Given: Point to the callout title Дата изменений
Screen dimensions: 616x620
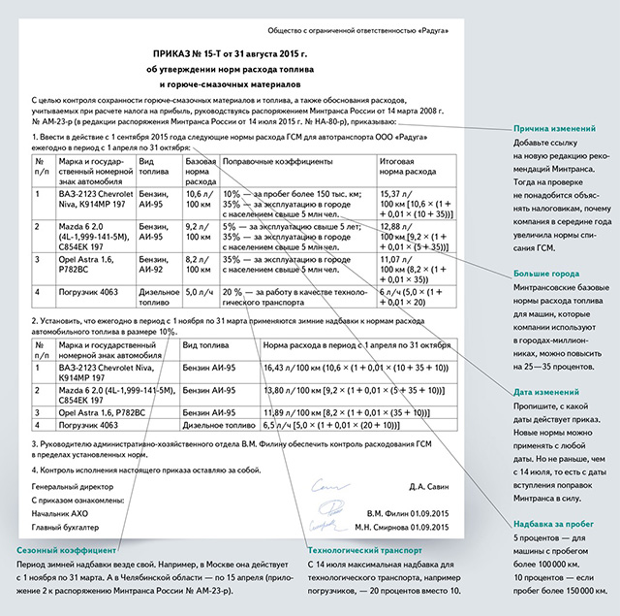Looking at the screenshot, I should coord(547,391).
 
